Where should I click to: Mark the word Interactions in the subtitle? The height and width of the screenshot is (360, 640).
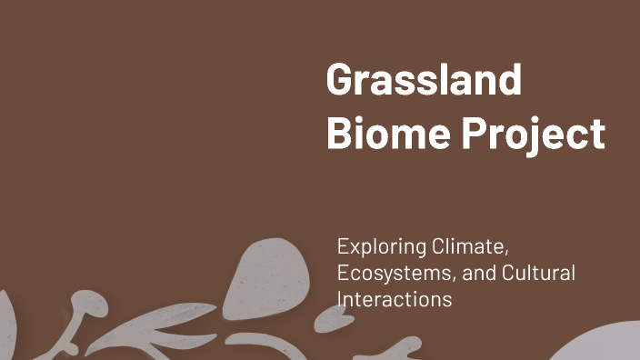(394, 298)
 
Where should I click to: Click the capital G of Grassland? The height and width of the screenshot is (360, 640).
(340, 82)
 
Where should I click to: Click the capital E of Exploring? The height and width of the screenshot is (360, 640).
(343, 246)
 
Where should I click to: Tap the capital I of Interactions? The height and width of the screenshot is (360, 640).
(340, 298)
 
